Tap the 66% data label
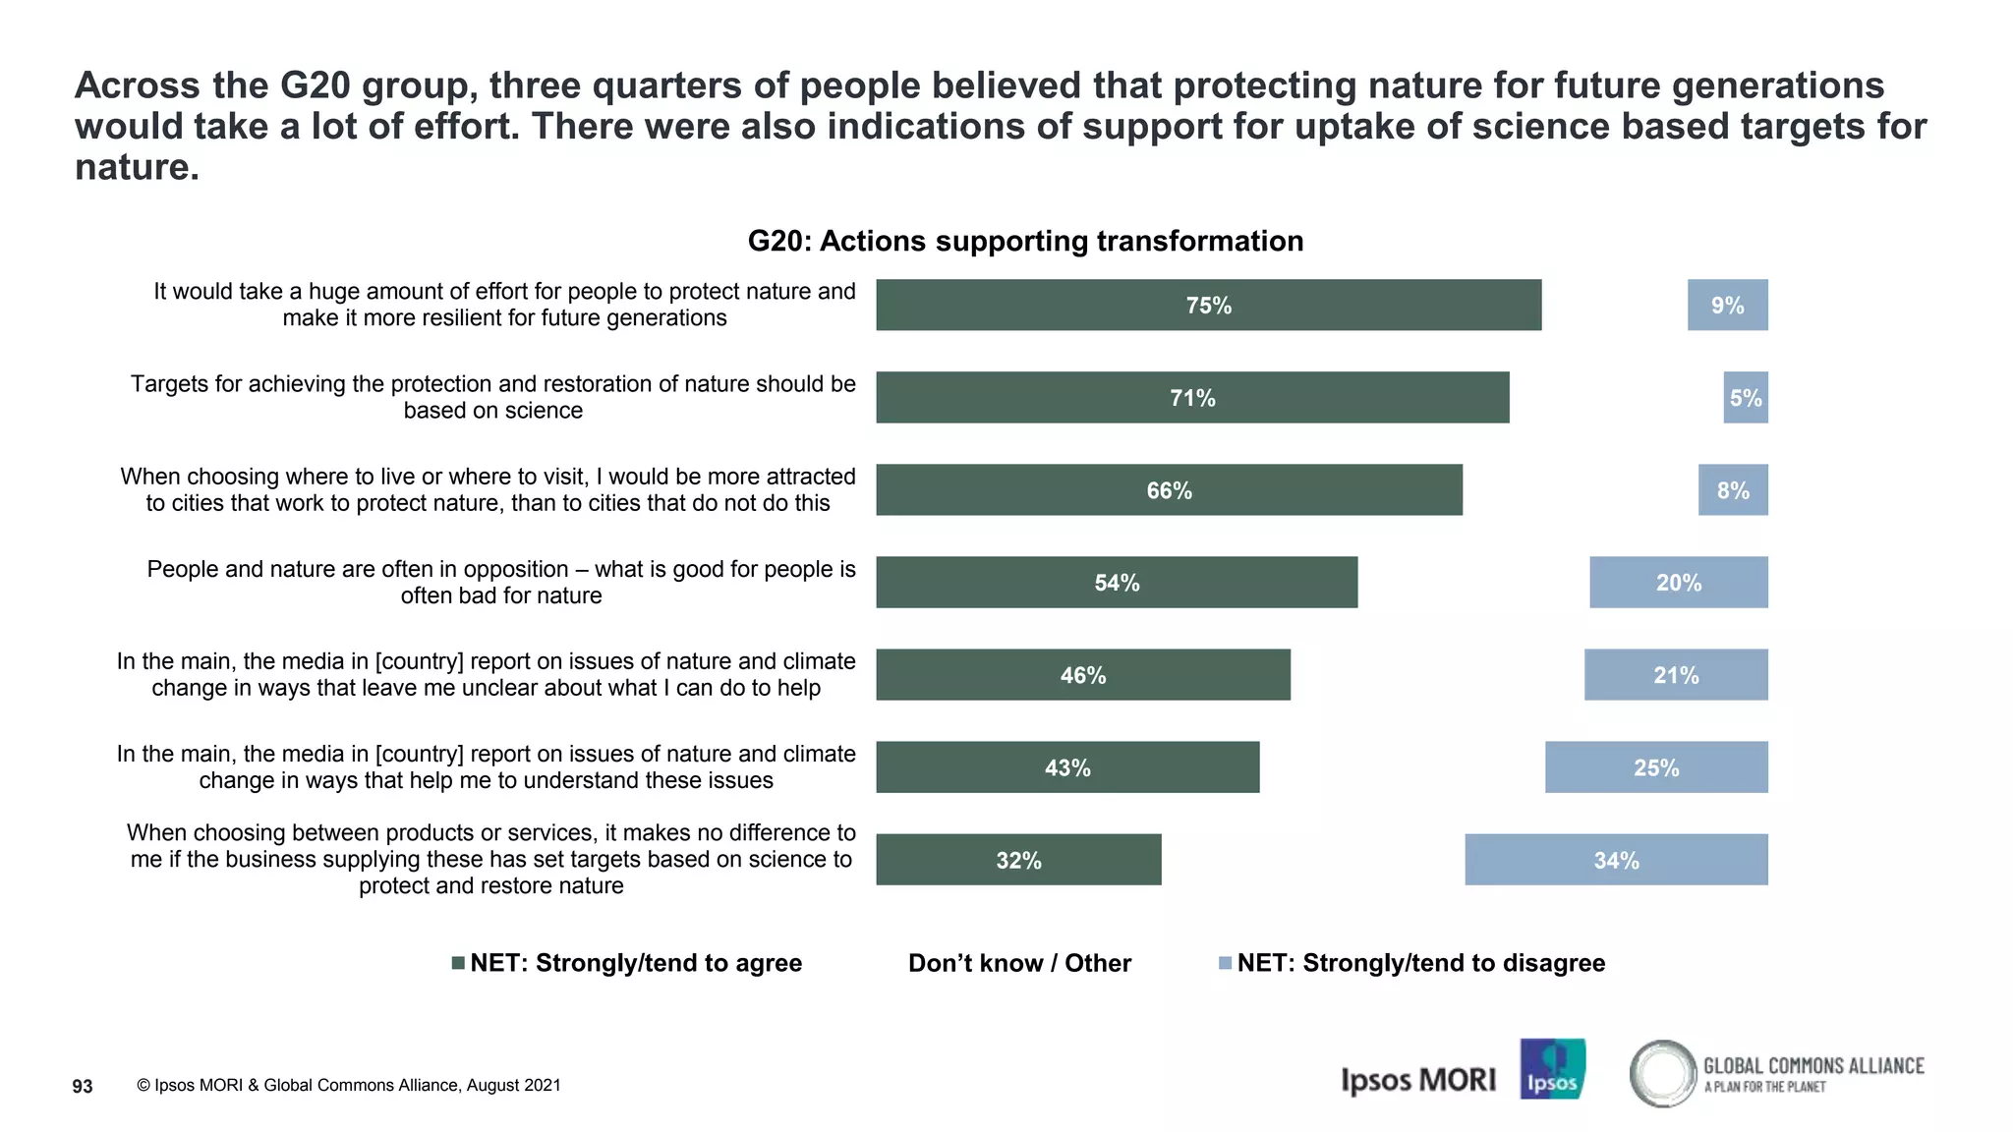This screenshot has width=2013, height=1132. click(x=1169, y=490)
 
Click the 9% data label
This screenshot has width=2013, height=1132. click(x=1727, y=306)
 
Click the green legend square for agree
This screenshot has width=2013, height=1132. click(x=458, y=963)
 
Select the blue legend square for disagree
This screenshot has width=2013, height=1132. click(x=1225, y=963)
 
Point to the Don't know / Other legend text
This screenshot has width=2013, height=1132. click(x=1019, y=963)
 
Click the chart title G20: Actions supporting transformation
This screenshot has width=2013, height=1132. click(x=1025, y=241)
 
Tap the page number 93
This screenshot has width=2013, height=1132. click(x=83, y=1086)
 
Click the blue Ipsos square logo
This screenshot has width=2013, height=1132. click(x=1552, y=1069)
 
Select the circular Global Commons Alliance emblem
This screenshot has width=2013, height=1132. click(x=1662, y=1073)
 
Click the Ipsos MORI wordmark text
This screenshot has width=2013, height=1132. click(x=1418, y=1080)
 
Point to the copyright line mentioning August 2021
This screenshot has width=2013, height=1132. click(x=349, y=1085)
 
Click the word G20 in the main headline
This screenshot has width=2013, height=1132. click(x=316, y=85)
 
